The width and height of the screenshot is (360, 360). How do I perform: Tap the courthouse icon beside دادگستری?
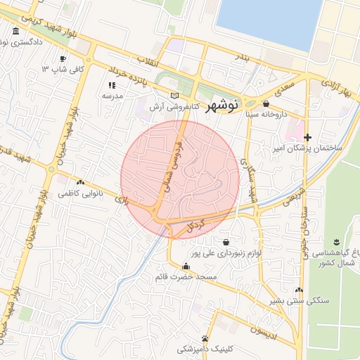16,32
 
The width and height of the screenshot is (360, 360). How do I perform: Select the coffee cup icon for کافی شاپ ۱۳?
63,58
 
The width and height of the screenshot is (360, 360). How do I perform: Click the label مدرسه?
112,95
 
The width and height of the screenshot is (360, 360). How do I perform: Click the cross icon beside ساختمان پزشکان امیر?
307,136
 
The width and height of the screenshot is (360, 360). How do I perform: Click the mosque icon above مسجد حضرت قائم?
186,266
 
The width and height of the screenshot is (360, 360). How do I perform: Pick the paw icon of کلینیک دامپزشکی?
205,338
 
